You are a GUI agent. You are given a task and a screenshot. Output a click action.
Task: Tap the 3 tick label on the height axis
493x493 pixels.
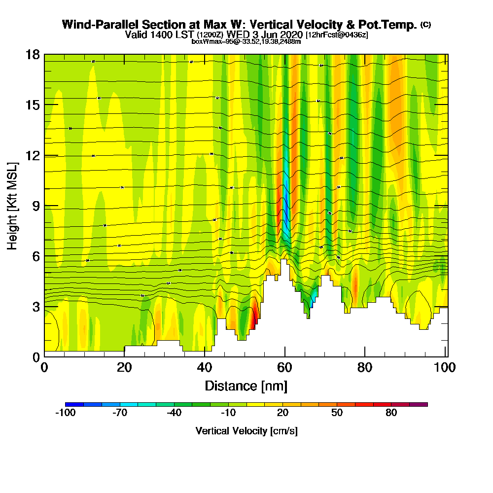35,307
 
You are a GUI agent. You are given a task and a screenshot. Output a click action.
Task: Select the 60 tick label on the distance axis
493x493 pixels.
284,367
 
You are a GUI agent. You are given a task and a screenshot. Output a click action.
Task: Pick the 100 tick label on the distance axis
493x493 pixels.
444,367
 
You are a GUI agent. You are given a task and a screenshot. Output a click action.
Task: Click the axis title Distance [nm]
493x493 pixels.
246,386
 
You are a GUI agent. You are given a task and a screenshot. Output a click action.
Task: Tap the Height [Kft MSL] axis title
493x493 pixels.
12,206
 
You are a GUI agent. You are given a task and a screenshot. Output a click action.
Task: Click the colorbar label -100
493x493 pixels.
65,413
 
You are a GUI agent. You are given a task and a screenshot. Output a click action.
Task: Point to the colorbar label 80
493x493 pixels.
391,413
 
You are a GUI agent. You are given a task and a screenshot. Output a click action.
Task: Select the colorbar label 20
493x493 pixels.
283,413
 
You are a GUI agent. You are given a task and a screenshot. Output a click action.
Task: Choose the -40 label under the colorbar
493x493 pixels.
174,413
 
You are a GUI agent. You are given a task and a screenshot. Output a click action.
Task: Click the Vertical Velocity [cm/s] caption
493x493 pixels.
246,431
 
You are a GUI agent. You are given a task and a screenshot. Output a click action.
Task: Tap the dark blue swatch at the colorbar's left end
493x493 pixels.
74,404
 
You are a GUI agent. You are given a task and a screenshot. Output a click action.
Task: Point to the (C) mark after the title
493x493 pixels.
425,25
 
